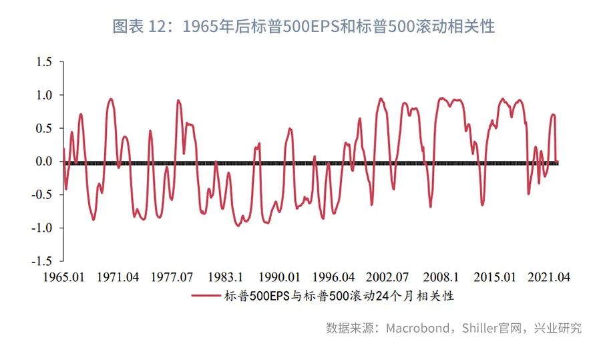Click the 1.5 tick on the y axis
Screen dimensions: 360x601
click(x=44, y=62)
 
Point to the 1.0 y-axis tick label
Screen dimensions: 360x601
click(x=44, y=96)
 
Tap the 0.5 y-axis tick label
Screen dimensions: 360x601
click(x=44, y=128)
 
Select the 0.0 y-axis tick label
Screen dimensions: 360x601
click(x=44, y=162)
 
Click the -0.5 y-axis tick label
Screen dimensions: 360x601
click(x=42, y=194)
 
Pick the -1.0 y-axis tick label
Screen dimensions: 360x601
click(x=42, y=228)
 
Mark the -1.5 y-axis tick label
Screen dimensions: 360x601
click(x=42, y=260)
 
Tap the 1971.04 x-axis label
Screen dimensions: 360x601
click(x=118, y=277)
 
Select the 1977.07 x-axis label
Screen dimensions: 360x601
click(x=172, y=277)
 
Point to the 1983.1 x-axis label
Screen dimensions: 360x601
click(x=226, y=277)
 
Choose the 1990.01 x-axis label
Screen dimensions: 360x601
click(x=280, y=277)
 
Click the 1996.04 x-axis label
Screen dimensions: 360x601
click(x=333, y=277)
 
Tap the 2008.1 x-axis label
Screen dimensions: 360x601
click(x=441, y=277)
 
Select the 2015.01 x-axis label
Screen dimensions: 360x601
click(x=495, y=277)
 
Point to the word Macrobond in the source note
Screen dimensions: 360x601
click(x=414, y=328)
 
